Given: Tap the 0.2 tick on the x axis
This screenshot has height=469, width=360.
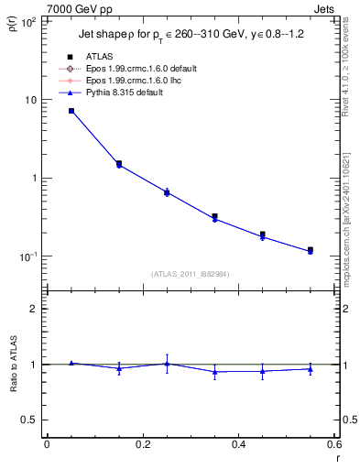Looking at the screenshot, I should pyautogui.click(x=142, y=444).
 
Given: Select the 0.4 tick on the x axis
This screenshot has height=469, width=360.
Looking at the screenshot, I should pyautogui.click(x=237, y=444).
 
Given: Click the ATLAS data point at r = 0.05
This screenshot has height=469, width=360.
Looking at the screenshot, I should pyautogui.click(x=71, y=111).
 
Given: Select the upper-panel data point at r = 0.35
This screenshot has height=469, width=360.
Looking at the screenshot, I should pyautogui.click(x=214, y=217).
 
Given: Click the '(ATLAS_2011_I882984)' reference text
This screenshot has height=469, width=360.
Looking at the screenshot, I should pyautogui.click(x=190, y=273).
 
